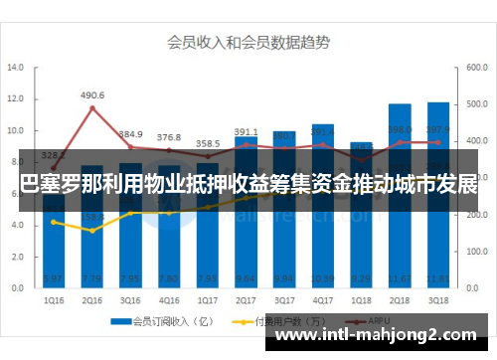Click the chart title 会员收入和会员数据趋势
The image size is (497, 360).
click(x=248, y=42)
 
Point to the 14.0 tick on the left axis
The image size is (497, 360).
click(x=15, y=69)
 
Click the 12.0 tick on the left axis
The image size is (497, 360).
click(x=15, y=99)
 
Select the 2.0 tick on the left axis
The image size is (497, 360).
click(x=15, y=257)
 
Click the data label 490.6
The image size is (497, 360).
click(x=92, y=95)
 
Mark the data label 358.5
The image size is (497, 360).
click(x=208, y=143)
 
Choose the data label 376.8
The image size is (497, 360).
click(x=169, y=137)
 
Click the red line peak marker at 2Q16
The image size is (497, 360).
click(x=92, y=108)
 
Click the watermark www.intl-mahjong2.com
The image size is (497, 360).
click(x=382, y=335)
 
